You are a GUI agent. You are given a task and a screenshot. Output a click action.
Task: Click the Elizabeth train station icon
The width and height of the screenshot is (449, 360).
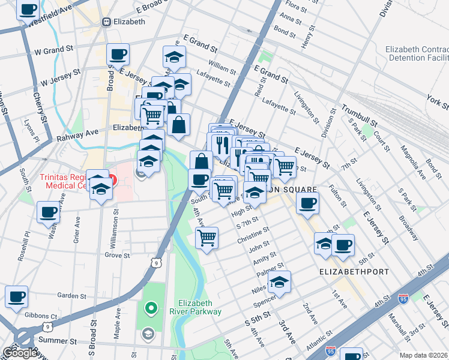(107, 22)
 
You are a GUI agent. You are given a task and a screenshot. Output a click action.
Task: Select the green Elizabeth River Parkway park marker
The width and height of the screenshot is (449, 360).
(151, 309)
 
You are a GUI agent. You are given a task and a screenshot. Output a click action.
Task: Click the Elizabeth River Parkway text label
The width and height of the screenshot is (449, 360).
(199, 307)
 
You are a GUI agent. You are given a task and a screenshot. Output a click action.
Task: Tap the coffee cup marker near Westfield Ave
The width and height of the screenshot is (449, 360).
(28, 11)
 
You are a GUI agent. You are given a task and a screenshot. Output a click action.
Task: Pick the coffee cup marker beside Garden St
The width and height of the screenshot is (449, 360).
(16, 296)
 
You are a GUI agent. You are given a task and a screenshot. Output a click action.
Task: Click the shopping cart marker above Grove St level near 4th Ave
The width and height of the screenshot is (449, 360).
(206, 237)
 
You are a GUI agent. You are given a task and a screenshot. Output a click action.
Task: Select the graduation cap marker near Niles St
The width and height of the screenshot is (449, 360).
(279, 281)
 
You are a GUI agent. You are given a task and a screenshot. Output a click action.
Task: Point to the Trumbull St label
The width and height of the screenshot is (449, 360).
(362, 116)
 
